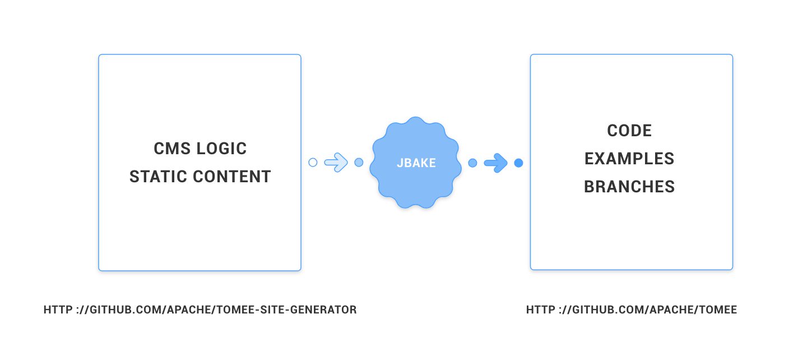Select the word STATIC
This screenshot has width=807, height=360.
[158, 177]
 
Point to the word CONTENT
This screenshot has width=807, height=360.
[231, 177]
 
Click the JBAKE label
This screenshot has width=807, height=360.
[416, 163]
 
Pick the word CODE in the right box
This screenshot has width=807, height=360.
[629, 131]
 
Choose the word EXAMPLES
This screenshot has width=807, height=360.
[629, 159]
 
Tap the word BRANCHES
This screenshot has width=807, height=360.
[629, 187]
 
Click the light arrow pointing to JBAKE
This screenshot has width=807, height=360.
[336, 163]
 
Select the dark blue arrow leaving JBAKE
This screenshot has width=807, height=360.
[496, 163]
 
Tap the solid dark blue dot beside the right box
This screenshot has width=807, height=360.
[518, 163]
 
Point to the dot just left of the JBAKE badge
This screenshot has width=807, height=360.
[359, 163]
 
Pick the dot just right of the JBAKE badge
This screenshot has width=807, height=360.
[472, 163]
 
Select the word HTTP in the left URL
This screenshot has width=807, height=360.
[58, 310]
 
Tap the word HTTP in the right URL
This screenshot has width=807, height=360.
[541, 310]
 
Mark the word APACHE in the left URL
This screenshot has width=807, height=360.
[189, 310]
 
